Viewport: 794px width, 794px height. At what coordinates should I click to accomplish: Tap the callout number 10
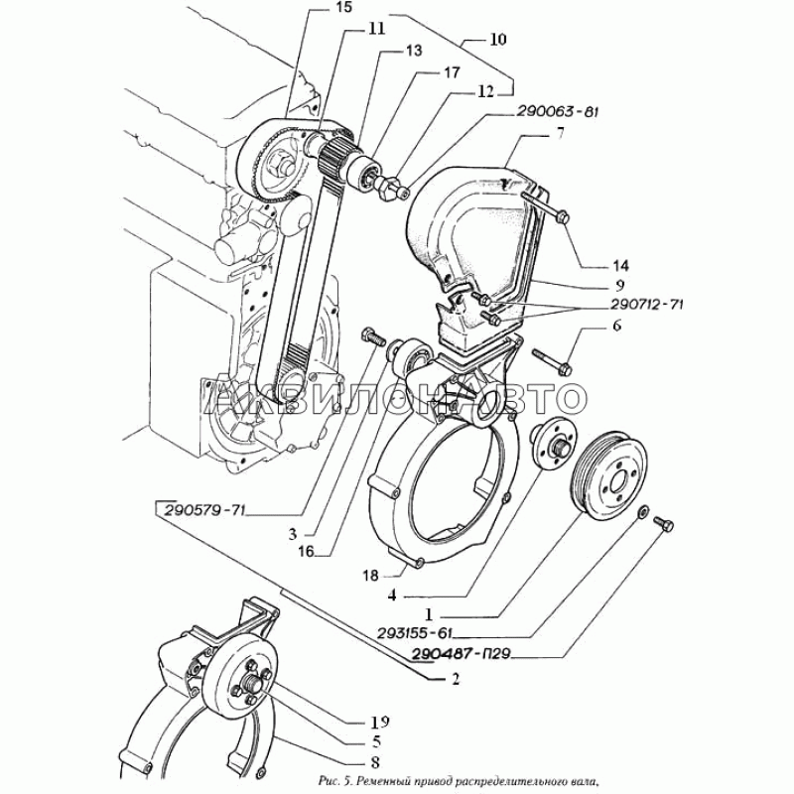point(497,40)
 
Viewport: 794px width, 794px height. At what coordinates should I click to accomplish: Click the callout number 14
point(593,265)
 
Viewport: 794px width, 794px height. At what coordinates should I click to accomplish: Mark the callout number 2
point(455,680)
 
